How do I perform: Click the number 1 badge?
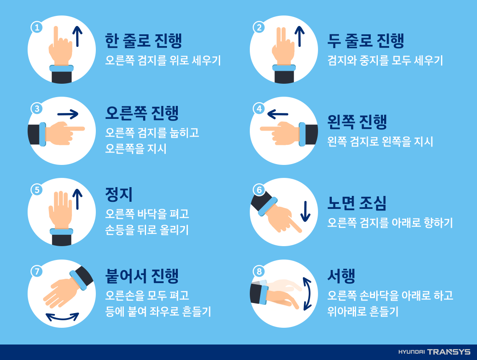(37, 28)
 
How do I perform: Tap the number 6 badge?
(259, 190)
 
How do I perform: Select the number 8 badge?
(259, 271)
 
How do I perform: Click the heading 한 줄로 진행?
(143, 41)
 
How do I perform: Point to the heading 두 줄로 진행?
(366, 41)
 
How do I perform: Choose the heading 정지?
(119, 195)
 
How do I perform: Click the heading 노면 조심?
(357, 203)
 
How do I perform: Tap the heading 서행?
(341, 276)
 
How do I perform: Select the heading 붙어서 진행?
(142, 276)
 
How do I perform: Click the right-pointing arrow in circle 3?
(68, 114)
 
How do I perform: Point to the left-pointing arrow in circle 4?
(277, 114)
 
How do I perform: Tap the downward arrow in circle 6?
(305, 211)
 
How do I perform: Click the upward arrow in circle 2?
(300, 36)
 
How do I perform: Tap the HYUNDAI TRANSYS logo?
(434, 352)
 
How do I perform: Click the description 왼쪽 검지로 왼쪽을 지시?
(380, 141)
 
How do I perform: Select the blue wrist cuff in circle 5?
(62, 231)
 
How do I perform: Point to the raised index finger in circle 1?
(56, 36)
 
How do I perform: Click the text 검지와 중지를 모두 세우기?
(385, 60)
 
